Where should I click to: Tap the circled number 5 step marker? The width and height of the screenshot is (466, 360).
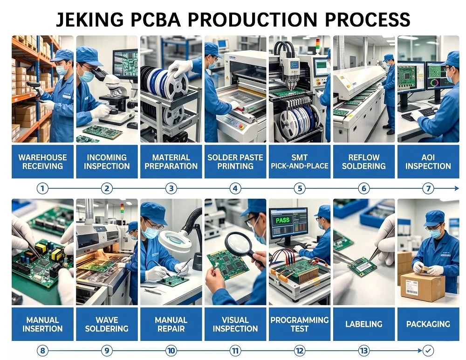[300, 188]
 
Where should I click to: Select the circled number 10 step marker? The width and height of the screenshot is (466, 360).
[171, 351]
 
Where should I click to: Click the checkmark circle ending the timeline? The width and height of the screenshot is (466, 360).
[428, 351]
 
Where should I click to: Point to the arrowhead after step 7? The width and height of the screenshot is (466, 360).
[457, 188]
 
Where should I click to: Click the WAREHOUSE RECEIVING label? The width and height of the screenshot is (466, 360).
[42, 161]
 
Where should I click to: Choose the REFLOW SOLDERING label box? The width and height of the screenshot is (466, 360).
[364, 161]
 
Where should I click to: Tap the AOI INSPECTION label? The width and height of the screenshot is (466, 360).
[428, 161]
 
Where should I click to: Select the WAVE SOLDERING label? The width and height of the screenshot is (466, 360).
[107, 324]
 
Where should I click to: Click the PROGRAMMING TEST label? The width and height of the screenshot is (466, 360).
[300, 324]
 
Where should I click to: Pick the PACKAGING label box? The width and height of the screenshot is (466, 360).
[428, 324]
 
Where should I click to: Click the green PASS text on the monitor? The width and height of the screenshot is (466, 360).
[282, 221]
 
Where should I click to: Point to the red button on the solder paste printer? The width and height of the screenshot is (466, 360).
[241, 126]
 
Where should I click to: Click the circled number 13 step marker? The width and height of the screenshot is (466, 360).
[364, 351]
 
